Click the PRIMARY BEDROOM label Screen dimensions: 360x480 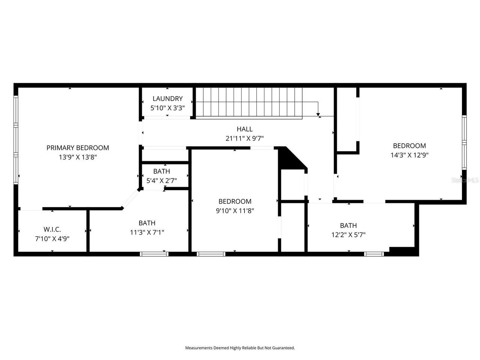click(x=78, y=148)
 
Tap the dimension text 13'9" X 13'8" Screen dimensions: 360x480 click(x=78, y=157)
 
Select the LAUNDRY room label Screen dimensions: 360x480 click(x=167, y=99)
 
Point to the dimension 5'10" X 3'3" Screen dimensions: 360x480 click(x=167, y=108)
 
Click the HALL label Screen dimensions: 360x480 click(x=244, y=129)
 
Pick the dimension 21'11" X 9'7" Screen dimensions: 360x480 click(x=244, y=138)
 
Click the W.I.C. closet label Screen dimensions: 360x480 click(x=52, y=229)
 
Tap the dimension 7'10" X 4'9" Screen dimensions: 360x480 click(x=52, y=238)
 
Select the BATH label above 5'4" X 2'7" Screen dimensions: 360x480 click(x=161, y=171)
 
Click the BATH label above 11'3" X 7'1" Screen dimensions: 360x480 click(x=147, y=223)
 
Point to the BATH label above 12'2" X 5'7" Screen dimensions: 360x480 click(x=348, y=225)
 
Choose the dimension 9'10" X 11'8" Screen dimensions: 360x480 click(x=235, y=211)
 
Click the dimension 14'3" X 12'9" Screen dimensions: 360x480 click(x=409, y=155)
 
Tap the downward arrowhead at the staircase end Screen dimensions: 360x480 click(x=318, y=114)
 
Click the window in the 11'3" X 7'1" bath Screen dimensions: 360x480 click(x=154, y=254)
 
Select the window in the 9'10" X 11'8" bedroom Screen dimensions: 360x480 click(x=211, y=254)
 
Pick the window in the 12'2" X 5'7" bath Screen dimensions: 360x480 click(x=374, y=254)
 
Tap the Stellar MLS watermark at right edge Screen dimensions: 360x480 click(x=465, y=180)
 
